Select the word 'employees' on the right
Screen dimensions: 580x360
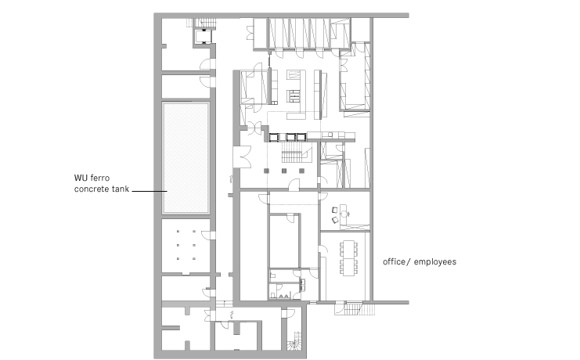[435, 262]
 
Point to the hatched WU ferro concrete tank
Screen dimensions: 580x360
[186, 158]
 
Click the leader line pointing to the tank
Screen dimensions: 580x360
[149, 191]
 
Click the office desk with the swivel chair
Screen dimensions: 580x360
[342, 214]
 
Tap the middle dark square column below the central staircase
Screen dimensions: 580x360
[284, 171]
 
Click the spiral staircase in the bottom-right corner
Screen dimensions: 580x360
[295, 341]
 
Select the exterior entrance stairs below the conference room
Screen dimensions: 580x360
[355, 309]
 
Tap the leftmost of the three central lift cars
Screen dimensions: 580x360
[274, 137]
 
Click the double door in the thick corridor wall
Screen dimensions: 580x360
[243, 157]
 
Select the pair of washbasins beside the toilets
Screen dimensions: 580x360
[302, 284]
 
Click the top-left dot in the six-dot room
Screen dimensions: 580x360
[178, 231]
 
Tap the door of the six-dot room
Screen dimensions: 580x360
[208, 236]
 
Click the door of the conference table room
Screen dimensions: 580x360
[322, 250]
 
